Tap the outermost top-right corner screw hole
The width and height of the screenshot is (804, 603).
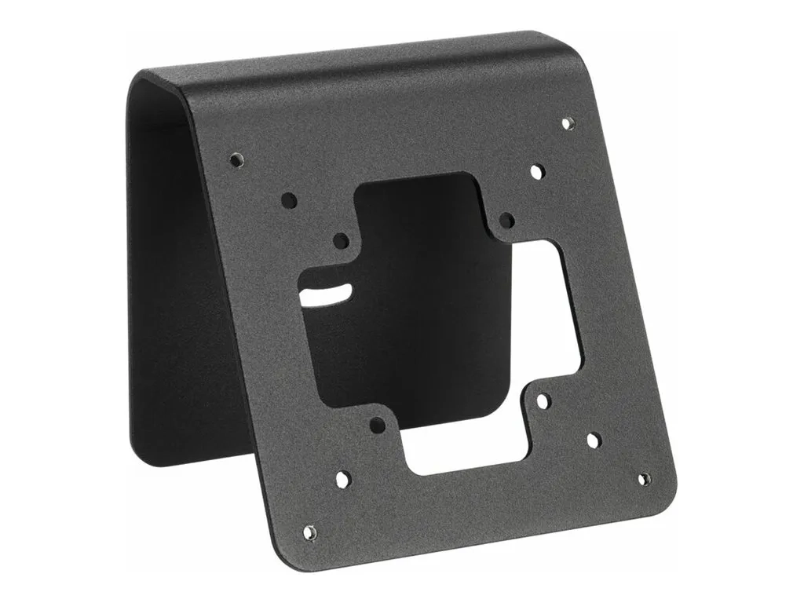pyautogui.click(x=568, y=123)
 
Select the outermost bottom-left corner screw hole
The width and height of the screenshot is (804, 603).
pyautogui.click(x=311, y=532)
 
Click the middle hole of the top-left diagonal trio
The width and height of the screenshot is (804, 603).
pyautogui.click(x=289, y=200)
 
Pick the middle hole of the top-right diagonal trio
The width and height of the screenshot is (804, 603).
pyautogui.click(x=537, y=171)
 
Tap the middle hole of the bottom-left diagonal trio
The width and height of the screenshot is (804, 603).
pyautogui.click(x=344, y=478)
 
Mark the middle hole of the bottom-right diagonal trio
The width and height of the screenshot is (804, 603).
pyautogui.click(x=594, y=440)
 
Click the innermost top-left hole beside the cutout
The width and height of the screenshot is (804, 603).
pyautogui.click(x=341, y=240)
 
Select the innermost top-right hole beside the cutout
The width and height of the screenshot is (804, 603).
pyautogui.click(x=507, y=220)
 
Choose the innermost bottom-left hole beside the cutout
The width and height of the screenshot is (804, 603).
pyautogui.click(x=377, y=425)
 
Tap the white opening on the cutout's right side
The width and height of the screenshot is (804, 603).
pyautogui.click(x=550, y=314)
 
